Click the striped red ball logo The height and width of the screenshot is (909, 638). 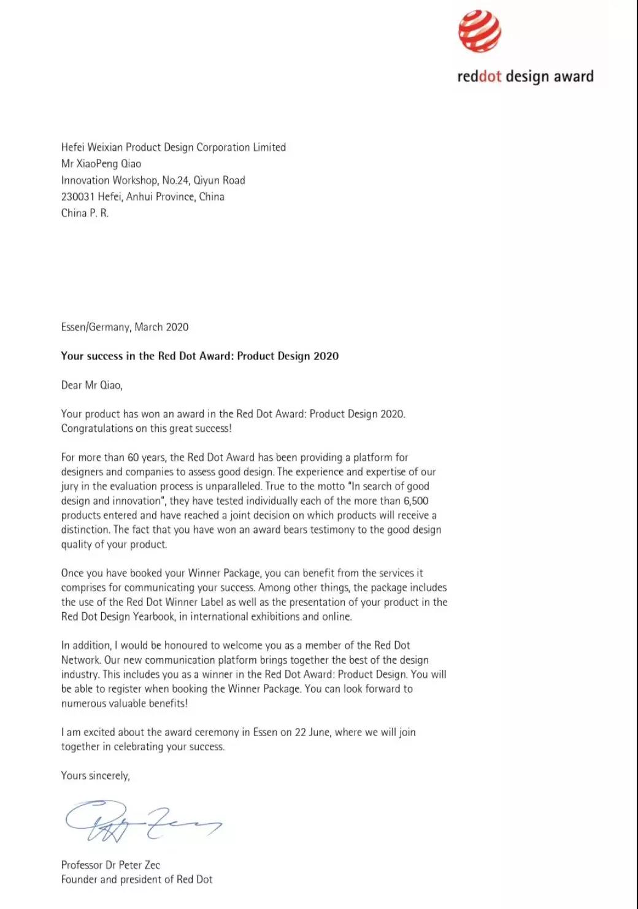point(480,31)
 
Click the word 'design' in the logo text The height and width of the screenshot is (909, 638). point(528,77)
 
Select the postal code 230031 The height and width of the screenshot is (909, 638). point(78,197)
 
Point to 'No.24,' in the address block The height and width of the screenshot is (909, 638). point(176,180)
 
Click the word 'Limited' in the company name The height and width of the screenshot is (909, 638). point(269,147)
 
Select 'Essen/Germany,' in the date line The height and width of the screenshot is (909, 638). point(96,327)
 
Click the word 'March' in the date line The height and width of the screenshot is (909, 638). point(148,327)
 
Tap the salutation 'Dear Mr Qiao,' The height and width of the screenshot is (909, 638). point(92,385)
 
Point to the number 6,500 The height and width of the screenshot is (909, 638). point(416,501)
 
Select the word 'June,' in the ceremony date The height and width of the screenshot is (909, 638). point(320,732)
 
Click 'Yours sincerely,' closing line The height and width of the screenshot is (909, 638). point(95,776)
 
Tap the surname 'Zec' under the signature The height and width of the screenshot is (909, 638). point(152,865)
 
